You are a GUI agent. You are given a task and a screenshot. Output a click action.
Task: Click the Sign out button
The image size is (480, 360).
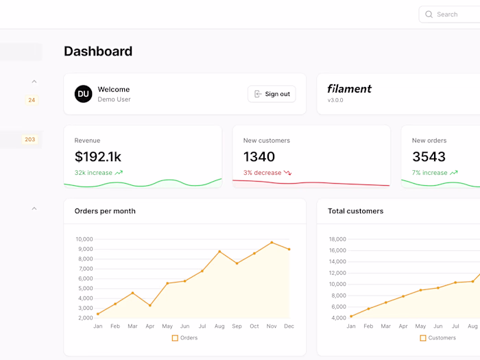coord(272,94)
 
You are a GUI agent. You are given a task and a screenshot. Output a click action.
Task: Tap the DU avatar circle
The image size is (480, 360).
coord(83,94)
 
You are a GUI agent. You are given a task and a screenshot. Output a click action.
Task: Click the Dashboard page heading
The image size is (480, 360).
coord(98,51)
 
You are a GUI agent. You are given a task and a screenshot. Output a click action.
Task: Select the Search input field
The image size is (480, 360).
coord(453,14)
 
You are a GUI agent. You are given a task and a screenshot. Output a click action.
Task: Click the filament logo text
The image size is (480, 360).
coord(349,88)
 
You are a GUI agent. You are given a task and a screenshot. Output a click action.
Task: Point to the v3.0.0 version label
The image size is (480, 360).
coord(335,100)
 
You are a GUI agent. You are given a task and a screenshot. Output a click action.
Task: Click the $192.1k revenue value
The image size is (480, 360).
coord(98,157)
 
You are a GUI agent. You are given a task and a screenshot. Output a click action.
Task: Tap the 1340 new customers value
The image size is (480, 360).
coord(259,157)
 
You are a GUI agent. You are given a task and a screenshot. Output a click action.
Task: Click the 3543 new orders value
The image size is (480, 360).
coord(429,157)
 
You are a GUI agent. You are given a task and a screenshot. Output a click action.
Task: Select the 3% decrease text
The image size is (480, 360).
coord(262,173)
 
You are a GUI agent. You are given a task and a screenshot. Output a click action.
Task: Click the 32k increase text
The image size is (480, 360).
coord(93,173)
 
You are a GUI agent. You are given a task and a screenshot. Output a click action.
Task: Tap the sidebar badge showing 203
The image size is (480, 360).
coord(29,140)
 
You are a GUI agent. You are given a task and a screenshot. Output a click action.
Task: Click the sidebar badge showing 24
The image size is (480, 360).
coord(32,100)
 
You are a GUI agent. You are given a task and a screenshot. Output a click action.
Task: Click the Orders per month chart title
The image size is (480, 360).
coord(105,211)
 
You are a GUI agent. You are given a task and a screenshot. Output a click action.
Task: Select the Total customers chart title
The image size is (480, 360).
coord(355,211)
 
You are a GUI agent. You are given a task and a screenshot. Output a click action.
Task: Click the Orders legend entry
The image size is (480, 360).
coord(184,338)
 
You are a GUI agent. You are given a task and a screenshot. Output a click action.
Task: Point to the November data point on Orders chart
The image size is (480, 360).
coord(272,242)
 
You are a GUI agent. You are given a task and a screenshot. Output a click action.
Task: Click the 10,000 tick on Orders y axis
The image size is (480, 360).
coord(84,239)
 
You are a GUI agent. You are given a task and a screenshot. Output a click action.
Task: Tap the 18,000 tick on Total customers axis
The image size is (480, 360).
coord(337,239)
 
